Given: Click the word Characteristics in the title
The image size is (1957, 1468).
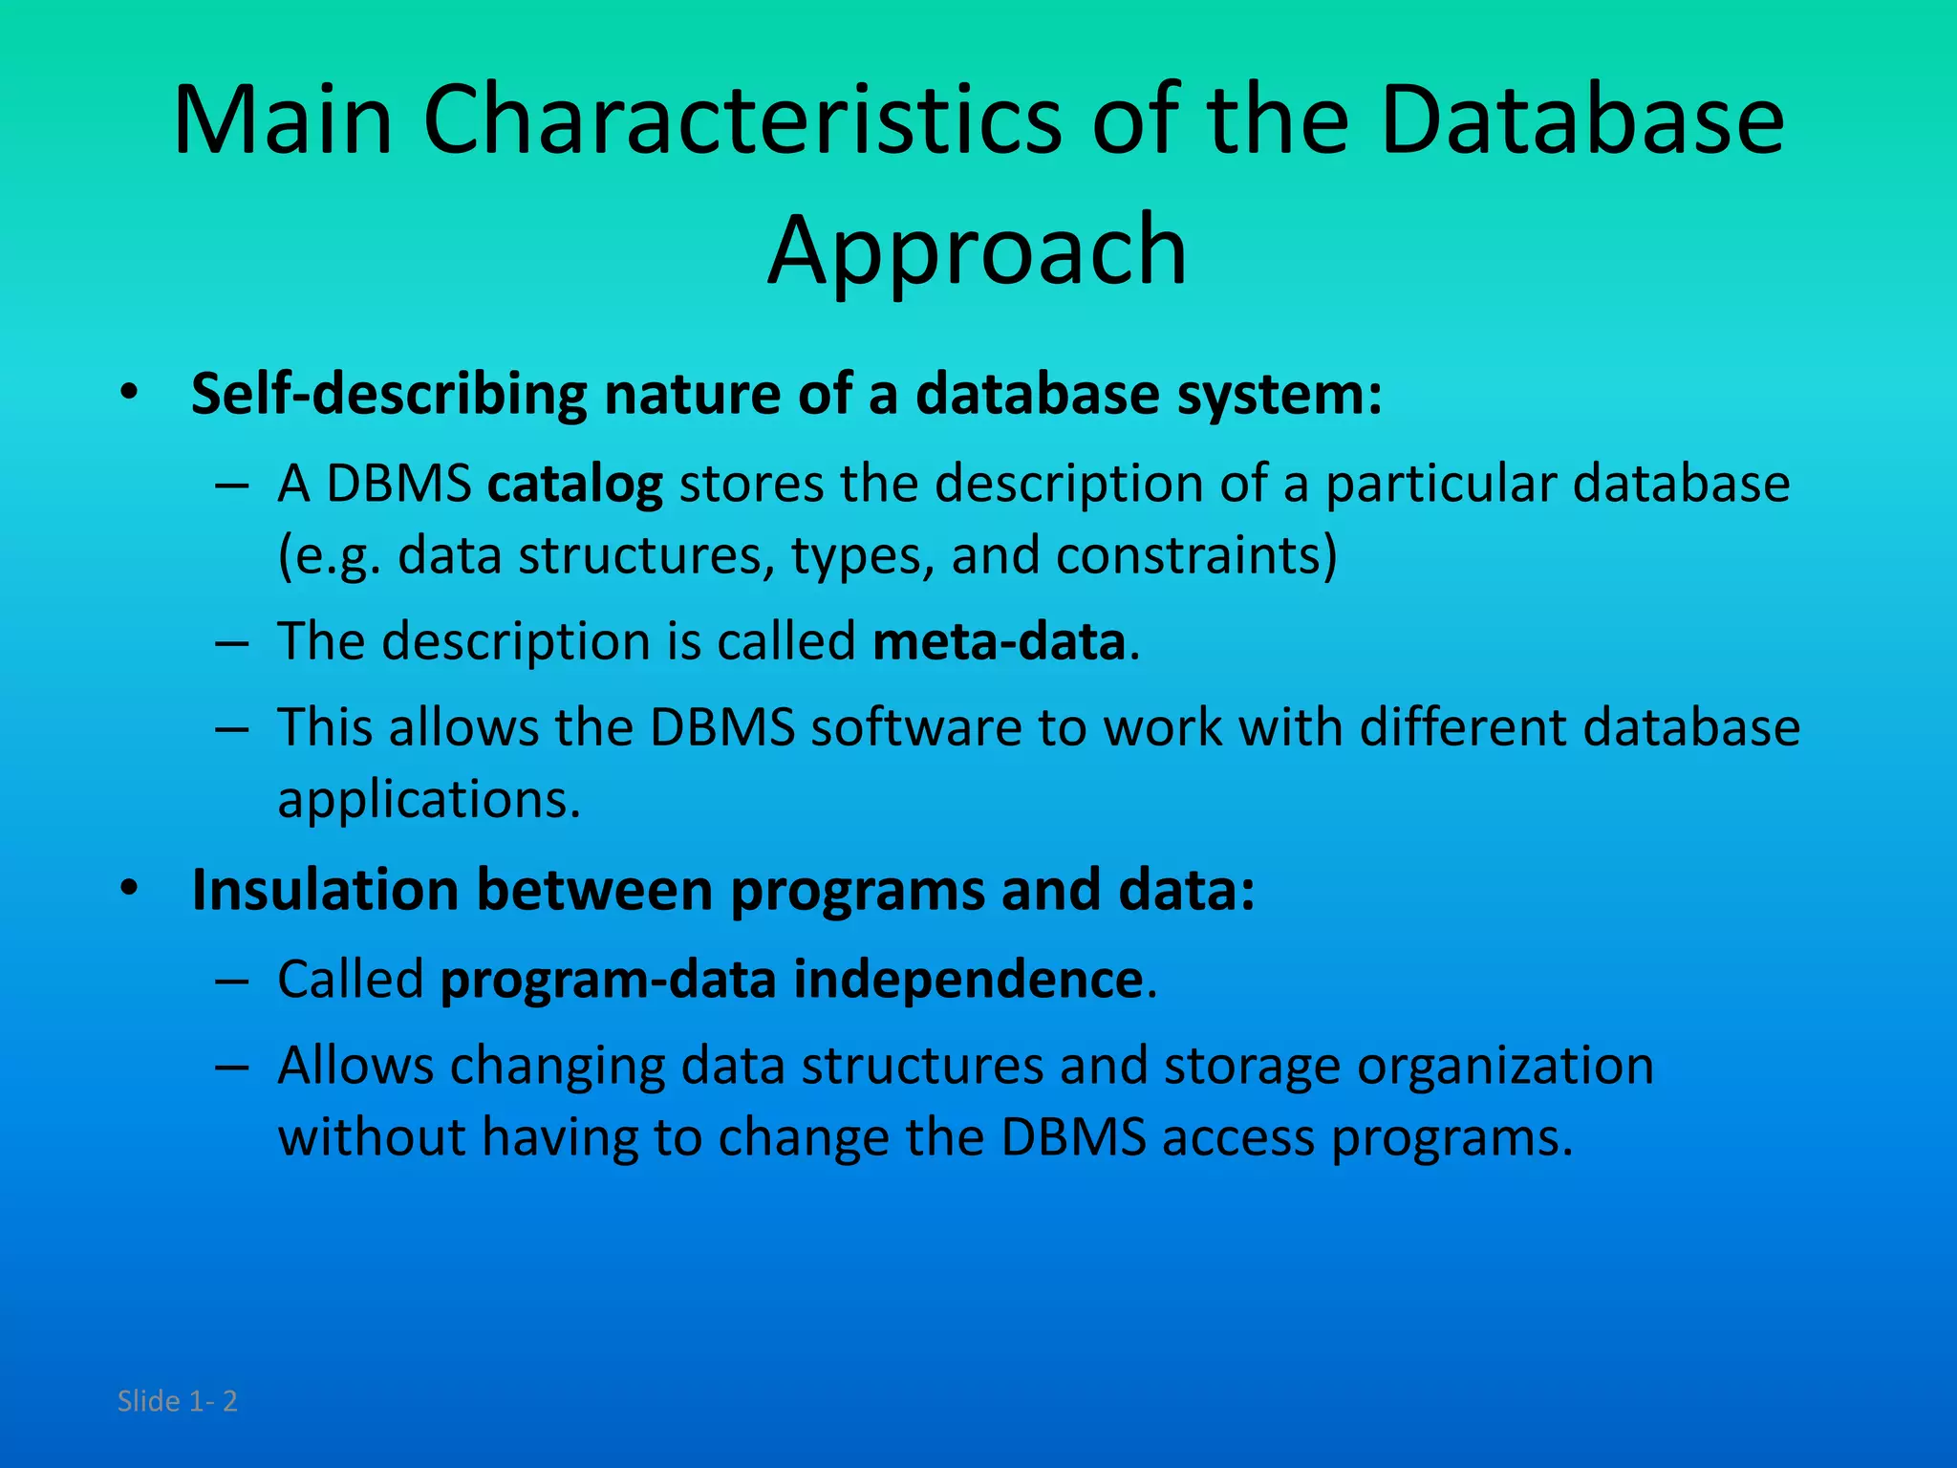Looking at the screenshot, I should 742,121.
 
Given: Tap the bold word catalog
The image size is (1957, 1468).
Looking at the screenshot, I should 575,484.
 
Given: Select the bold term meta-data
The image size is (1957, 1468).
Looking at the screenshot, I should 999,641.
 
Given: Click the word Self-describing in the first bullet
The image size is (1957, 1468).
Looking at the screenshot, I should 389,394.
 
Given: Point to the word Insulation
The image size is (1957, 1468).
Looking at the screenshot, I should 325,891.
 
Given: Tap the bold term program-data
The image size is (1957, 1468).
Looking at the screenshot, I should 608,980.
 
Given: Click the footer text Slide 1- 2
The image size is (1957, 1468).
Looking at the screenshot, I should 177,1401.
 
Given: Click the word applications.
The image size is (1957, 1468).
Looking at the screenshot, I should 428,800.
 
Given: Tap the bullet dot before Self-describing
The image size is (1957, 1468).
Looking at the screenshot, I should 130,393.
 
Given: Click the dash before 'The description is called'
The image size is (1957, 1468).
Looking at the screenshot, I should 232,642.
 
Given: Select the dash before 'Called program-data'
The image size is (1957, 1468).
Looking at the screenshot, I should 232,981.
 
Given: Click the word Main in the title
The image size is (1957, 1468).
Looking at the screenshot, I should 283,121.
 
